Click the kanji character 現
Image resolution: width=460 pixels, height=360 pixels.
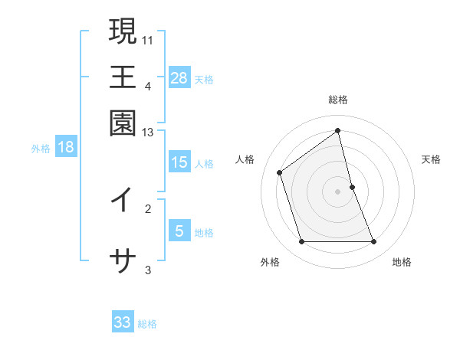click(123, 32)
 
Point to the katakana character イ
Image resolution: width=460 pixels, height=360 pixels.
click(123, 200)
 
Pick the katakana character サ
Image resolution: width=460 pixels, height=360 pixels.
click(123, 261)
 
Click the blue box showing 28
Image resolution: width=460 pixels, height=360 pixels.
click(179, 77)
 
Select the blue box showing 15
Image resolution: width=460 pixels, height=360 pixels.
click(179, 162)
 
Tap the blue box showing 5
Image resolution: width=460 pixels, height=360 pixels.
click(179, 231)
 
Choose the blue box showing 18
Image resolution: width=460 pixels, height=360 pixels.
click(66, 147)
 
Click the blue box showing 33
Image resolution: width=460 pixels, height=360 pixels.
click(123, 322)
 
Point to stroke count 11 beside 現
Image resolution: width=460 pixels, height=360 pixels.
click(148, 38)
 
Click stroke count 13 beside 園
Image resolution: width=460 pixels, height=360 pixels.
click(148, 133)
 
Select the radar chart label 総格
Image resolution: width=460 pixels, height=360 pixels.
click(338, 100)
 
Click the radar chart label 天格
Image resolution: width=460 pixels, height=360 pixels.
click(431, 159)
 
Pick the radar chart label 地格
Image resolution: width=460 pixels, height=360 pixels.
click(402, 262)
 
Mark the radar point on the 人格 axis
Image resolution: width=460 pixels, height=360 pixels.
click(280, 172)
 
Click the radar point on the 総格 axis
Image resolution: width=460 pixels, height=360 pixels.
click(338, 130)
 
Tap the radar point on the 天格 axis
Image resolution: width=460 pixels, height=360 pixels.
click(352, 187)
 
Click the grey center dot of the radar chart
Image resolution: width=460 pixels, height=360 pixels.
click(338, 191)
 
